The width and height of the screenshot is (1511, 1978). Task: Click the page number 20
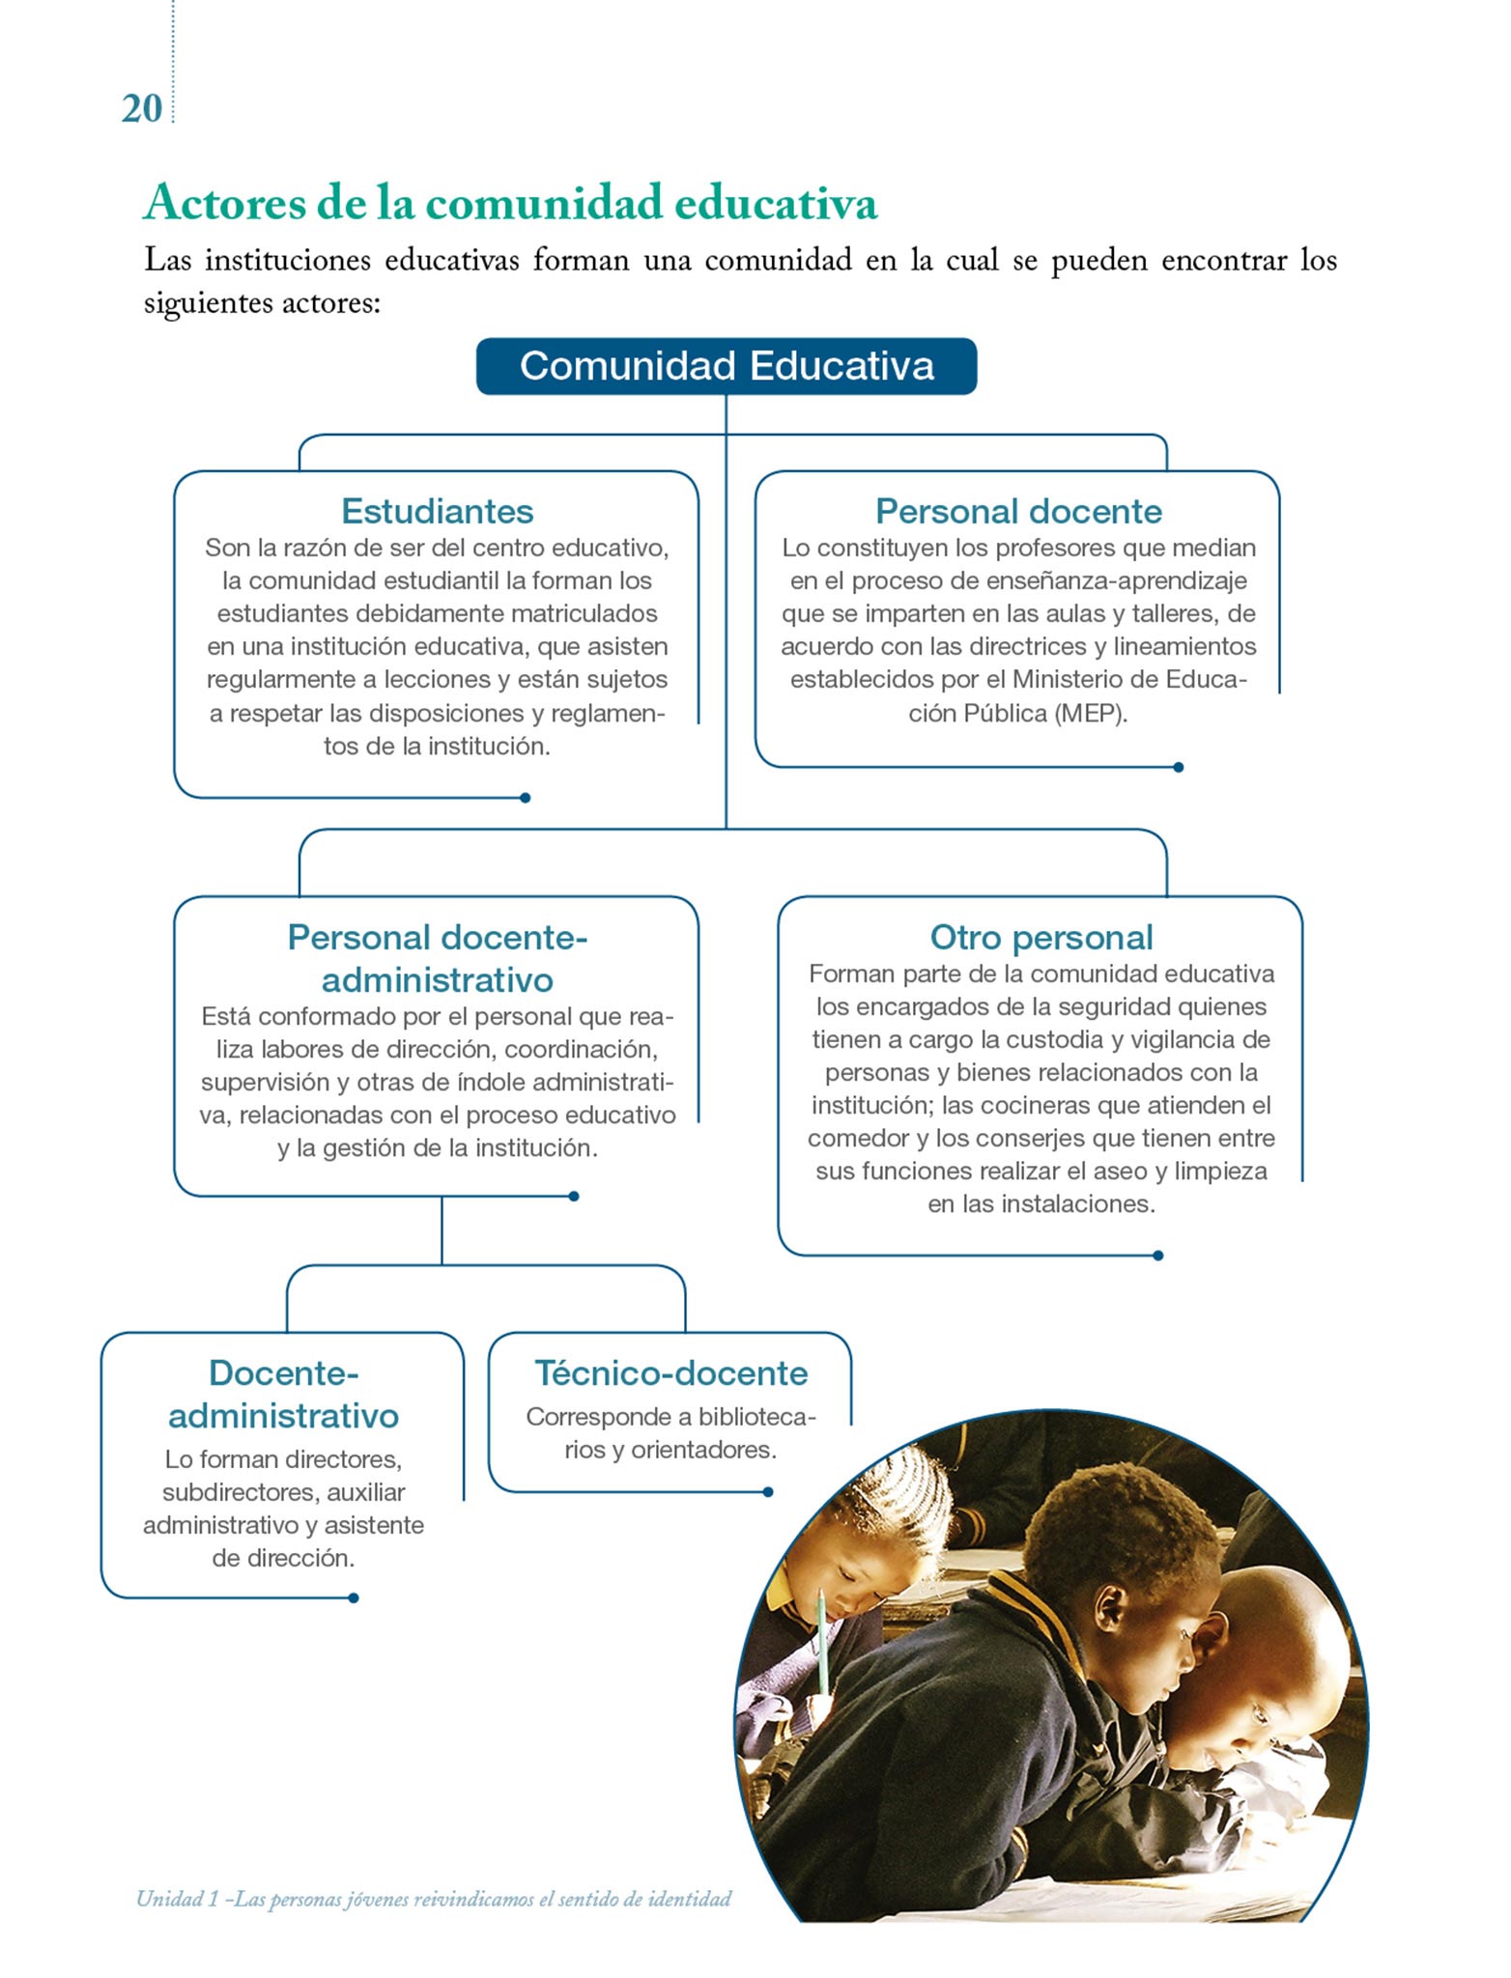141,109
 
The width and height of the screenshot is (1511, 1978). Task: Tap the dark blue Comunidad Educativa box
727,366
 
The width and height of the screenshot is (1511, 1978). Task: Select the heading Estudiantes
437,511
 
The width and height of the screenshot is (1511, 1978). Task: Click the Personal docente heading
1018,511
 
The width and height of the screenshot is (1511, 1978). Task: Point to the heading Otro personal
1041,937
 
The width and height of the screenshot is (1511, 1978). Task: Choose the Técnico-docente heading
670,1372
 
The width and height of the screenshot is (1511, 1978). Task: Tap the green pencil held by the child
822,1642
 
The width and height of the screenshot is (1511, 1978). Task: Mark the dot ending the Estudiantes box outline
526,798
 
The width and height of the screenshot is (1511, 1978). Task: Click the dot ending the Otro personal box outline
1158,1256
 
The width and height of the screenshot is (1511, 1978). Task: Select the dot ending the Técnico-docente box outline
768,1492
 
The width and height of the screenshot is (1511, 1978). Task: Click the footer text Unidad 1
177,1900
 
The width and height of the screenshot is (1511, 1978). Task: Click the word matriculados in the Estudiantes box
584,613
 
